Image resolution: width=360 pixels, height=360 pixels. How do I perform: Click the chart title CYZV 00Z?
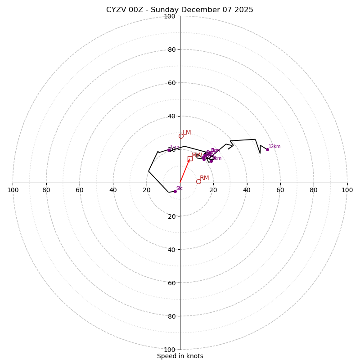180,10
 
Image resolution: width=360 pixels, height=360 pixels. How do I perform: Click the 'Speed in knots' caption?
180,356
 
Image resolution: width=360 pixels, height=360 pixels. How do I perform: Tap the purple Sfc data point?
175,191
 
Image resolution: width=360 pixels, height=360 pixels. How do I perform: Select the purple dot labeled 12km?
267,149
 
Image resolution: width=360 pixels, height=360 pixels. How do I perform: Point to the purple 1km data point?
169,150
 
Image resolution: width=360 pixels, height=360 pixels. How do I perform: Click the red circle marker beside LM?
181,136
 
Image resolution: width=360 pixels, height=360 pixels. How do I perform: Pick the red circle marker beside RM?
198,181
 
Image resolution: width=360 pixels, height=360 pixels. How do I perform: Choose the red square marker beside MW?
190,158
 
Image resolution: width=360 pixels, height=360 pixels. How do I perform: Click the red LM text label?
187,133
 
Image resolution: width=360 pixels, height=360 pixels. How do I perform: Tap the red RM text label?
204,178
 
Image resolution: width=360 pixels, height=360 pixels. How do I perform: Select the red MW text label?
197,155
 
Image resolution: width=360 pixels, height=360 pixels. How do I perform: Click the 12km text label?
274,147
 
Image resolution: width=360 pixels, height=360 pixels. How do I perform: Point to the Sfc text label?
179,189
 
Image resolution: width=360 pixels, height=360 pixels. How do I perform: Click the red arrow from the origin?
184,171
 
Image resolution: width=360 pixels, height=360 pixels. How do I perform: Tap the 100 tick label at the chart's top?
170,16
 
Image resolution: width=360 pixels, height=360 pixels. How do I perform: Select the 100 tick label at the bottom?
170,350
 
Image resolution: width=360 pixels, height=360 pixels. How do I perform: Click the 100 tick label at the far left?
13,190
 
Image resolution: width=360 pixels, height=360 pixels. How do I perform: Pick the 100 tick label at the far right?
347,190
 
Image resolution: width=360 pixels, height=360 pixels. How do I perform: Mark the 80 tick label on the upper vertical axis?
171,49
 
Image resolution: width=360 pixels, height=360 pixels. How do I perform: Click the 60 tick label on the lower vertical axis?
171,283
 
